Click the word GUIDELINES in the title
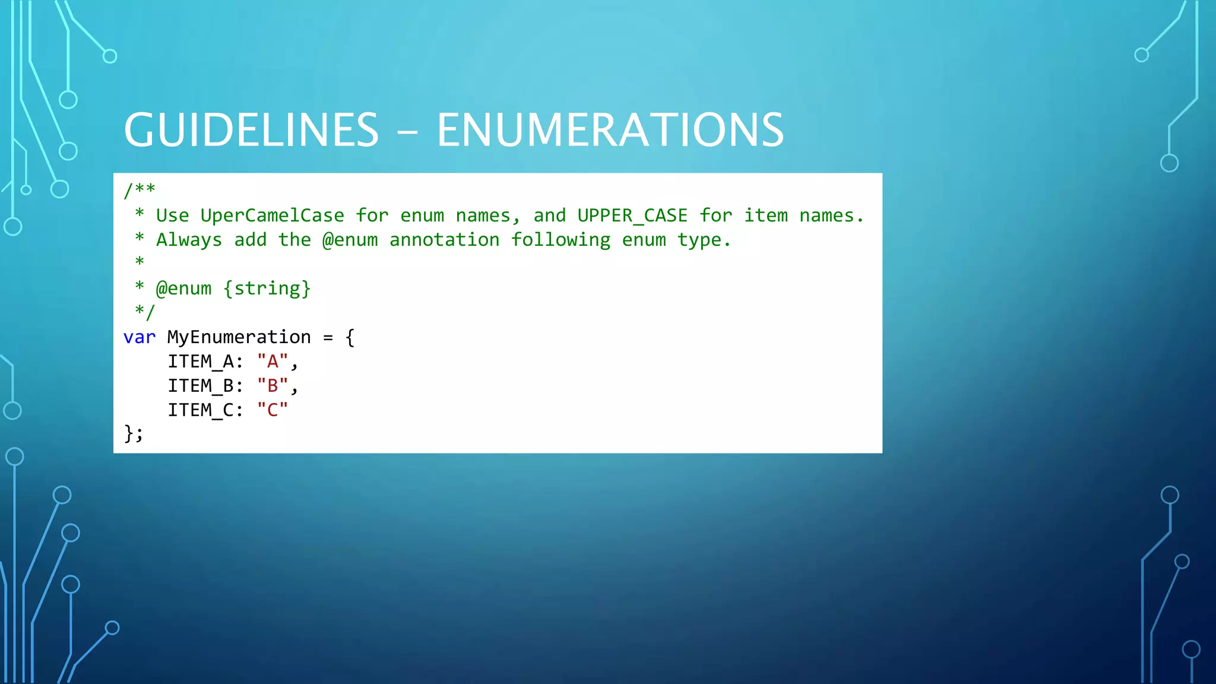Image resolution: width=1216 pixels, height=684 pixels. [x=251, y=130]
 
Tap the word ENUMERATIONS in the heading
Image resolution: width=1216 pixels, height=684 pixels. [x=610, y=130]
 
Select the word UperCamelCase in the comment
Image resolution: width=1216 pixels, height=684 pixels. [x=272, y=216]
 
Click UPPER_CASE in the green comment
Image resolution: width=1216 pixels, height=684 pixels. [x=632, y=216]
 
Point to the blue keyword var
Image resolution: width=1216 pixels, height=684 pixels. [x=140, y=337]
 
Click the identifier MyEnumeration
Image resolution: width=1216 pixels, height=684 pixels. [x=239, y=337]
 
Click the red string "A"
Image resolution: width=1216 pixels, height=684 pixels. [x=273, y=362]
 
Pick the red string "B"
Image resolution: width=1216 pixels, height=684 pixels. [x=273, y=386]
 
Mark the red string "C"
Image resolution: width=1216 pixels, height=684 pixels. [x=273, y=410]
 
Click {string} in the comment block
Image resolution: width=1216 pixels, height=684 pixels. [x=267, y=289]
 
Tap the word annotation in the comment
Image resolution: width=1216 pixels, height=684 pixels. [x=444, y=240]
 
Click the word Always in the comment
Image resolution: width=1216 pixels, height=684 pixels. [x=189, y=240]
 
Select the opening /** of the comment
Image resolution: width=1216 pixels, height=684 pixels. [x=140, y=190]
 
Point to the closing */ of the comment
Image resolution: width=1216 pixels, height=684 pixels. [x=145, y=312]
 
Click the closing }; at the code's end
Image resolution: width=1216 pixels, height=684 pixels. [x=134, y=434]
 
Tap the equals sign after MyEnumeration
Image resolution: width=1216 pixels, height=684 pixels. [x=328, y=338]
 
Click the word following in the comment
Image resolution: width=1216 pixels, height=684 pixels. [x=560, y=240]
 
